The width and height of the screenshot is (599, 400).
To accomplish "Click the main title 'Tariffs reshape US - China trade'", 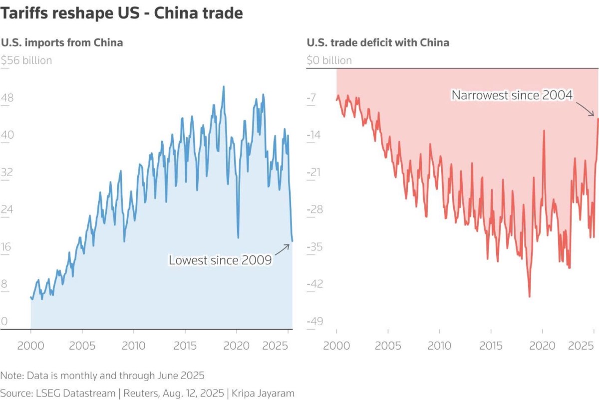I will coord(122,13).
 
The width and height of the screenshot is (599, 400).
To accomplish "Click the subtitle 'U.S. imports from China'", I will coord(62,43).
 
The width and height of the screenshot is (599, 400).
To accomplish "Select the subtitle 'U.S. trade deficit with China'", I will coord(378,43).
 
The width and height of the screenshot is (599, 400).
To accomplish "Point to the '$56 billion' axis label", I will coord(26,61).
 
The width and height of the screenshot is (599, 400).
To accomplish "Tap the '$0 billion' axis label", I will coord(329,61).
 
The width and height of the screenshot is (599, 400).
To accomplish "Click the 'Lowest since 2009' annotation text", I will coord(220,260).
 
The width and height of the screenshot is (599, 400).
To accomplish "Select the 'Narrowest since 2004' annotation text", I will coord(512,95).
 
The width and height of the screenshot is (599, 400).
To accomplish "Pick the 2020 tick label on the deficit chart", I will coord(543,346).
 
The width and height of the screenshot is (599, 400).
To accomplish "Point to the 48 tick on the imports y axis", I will coord(7,98).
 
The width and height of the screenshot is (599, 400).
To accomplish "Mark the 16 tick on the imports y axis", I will coord(6,247).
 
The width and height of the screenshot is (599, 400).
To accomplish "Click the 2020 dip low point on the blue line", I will coord(238,238).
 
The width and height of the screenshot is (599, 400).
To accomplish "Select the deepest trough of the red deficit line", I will coord(529,296).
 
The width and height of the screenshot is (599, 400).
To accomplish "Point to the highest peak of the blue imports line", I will coord(223,87).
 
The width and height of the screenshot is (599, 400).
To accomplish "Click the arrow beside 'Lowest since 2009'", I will coord(282,249).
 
